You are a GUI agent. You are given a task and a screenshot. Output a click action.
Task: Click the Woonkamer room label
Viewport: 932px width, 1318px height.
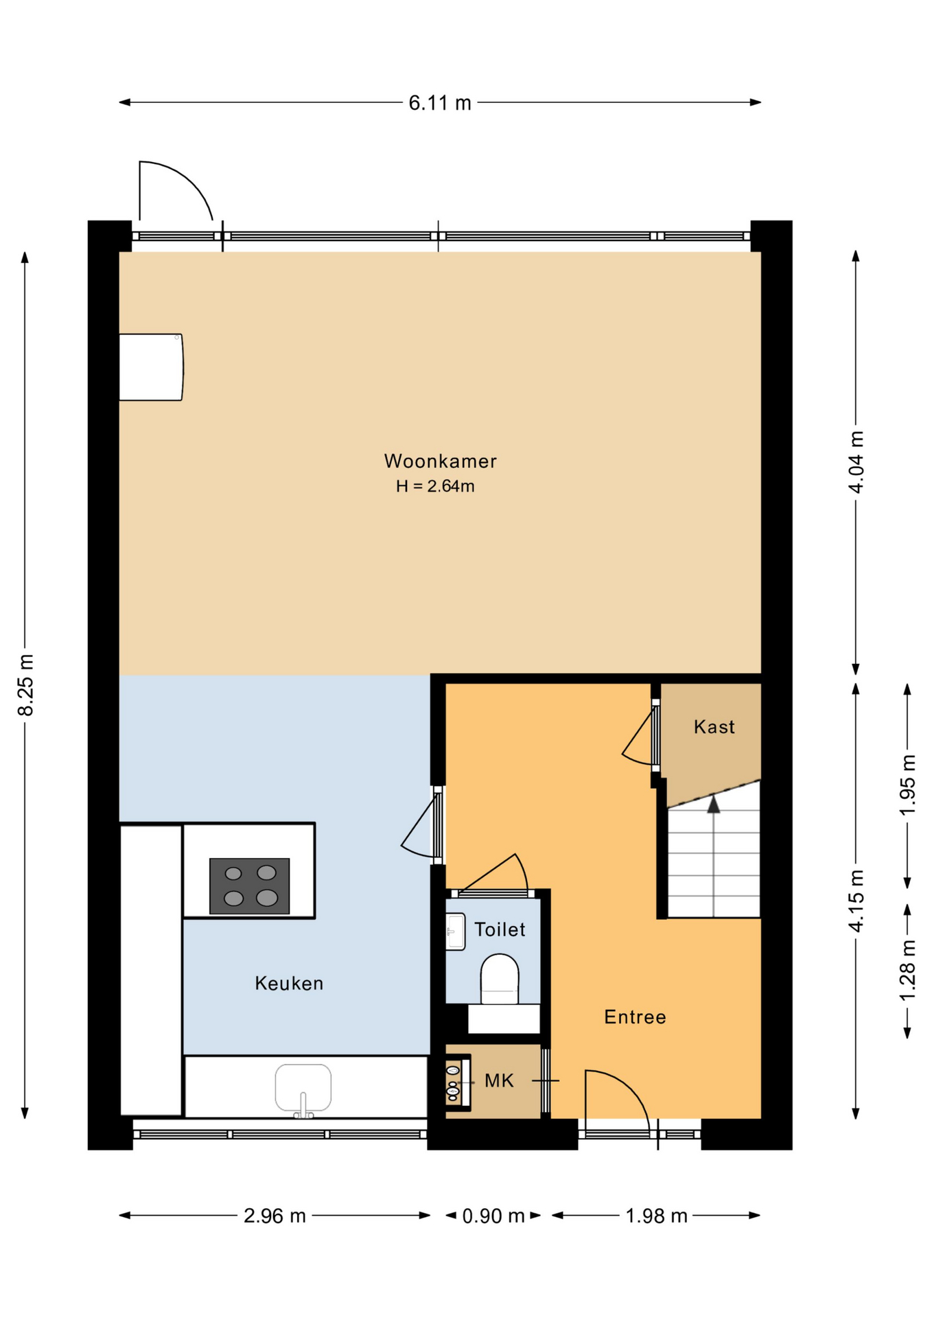click(440, 461)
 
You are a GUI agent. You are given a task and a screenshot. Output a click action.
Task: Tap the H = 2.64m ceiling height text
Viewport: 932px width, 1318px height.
click(435, 487)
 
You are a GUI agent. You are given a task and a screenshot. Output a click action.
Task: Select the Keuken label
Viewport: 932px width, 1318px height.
click(289, 984)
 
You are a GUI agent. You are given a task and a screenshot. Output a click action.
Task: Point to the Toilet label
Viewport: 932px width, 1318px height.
click(500, 929)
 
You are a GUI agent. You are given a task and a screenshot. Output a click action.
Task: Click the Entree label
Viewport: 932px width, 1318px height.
click(635, 1017)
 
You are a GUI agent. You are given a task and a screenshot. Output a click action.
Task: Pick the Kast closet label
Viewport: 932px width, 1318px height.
click(714, 727)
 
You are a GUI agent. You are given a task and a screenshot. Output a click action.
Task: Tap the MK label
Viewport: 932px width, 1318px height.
click(499, 1081)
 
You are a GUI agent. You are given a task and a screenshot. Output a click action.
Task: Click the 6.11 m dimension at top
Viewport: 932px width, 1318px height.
click(440, 103)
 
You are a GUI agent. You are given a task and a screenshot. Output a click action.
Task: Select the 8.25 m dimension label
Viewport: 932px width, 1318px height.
click(26, 685)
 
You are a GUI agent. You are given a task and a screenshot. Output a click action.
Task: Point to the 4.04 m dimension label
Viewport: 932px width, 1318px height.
click(857, 462)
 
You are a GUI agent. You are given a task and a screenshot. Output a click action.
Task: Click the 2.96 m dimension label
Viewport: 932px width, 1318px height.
click(275, 1216)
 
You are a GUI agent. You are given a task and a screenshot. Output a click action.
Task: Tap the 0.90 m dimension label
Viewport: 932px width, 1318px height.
click(493, 1216)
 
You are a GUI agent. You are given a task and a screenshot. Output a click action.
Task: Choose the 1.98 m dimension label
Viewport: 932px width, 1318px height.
click(656, 1216)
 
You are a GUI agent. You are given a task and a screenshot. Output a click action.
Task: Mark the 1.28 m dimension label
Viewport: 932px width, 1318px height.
click(907, 970)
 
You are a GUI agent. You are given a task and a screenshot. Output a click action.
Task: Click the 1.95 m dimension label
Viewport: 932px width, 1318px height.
click(907, 785)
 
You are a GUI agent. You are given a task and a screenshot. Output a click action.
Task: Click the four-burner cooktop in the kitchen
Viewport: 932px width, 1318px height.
click(249, 886)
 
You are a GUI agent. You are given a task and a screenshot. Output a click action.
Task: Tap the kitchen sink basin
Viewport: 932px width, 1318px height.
click(303, 1087)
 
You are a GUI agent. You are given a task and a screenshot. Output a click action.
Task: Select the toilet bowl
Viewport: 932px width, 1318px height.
click(500, 979)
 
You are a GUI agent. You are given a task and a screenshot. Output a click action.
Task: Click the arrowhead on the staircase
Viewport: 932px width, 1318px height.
click(714, 804)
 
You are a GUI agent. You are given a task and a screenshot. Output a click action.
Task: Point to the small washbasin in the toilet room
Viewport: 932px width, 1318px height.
click(455, 932)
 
